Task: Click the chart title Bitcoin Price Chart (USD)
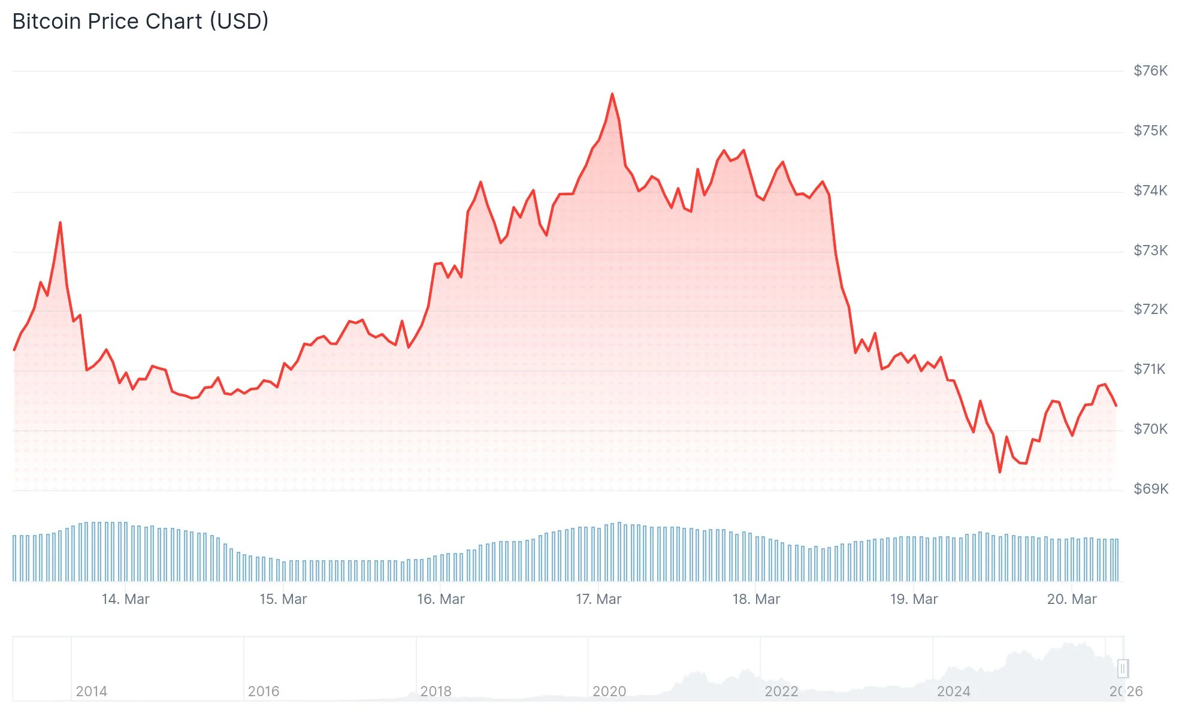(x=140, y=22)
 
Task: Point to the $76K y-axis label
(x=1150, y=71)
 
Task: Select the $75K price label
(x=1150, y=131)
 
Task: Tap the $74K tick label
(x=1150, y=191)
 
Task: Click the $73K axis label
(x=1150, y=250)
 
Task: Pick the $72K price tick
(x=1150, y=309)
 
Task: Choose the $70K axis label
(x=1150, y=429)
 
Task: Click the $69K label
(x=1150, y=489)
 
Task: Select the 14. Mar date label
(x=125, y=599)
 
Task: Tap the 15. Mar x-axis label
(x=283, y=599)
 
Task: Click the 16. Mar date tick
(x=441, y=599)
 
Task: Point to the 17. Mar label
(x=598, y=599)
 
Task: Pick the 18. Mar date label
(x=756, y=599)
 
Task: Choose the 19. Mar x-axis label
(x=914, y=599)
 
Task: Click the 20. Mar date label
(x=1072, y=599)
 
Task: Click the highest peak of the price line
(x=612, y=94)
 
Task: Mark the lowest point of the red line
(x=1000, y=472)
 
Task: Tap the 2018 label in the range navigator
(x=436, y=691)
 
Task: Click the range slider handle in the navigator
(x=1123, y=668)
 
